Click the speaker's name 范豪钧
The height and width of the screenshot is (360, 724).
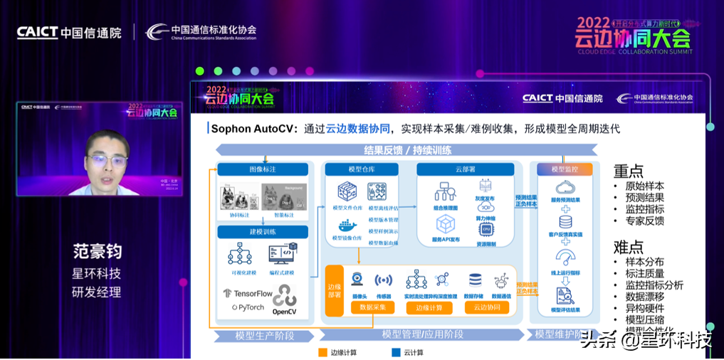point(97,252)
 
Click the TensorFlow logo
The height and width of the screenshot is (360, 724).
point(248,293)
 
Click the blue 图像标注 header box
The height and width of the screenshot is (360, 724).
point(263,169)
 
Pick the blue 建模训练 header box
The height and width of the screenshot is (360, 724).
point(263,232)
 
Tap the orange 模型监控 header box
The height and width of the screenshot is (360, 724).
point(565,169)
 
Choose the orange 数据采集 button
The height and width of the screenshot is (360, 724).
point(372,307)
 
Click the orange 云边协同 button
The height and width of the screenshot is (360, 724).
point(491,307)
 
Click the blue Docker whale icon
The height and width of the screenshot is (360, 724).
point(347,226)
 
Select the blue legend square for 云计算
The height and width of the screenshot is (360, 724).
point(396,352)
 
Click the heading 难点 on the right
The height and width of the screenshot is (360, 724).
point(629,247)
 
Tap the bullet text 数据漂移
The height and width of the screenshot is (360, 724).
point(645,296)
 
